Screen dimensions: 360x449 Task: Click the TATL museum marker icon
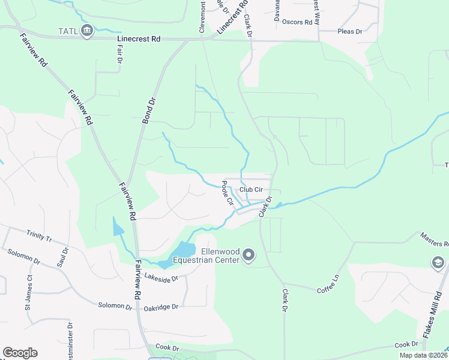click(x=87, y=31)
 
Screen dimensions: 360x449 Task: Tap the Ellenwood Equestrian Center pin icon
click(x=249, y=256)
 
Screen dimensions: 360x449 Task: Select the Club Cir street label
click(x=252, y=190)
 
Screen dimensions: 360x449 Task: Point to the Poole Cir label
click(x=228, y=193)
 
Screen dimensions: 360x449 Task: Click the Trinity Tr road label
click(x=40, y=236)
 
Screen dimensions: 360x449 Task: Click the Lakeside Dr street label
click(x=161, y=278)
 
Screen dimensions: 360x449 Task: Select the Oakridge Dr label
click(x=161, y=307)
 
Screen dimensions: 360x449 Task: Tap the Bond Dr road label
click(x=148, y=112)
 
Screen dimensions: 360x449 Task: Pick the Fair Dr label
click(x=119, y=55)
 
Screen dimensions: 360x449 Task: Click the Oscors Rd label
click(x=297, y=22)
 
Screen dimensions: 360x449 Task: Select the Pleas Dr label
click(x=351, y=31)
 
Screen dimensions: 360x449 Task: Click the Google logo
click(x=20, y=352)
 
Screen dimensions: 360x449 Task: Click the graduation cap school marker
click(x=438, y=263)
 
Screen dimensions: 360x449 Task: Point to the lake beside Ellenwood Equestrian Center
click(x=183, y=250)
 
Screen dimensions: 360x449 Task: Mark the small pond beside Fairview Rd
click(x=118, y=226)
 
